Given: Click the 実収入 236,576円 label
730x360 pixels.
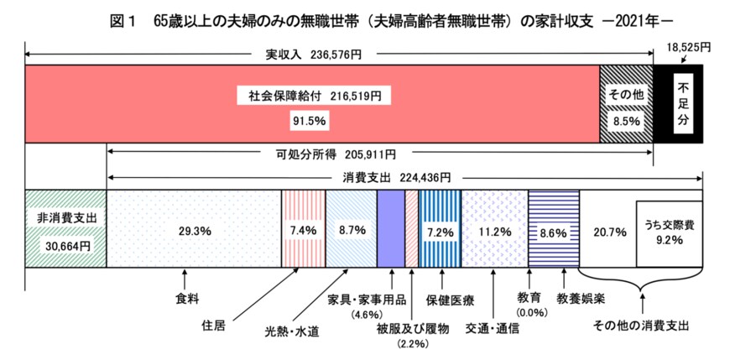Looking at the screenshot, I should (x=314, y=55).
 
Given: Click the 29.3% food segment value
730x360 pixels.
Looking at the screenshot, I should (x=194, y=229).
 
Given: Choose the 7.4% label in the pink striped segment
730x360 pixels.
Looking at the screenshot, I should (x=302, y=229).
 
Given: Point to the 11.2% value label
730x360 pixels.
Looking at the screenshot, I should (x=495, y=229).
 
